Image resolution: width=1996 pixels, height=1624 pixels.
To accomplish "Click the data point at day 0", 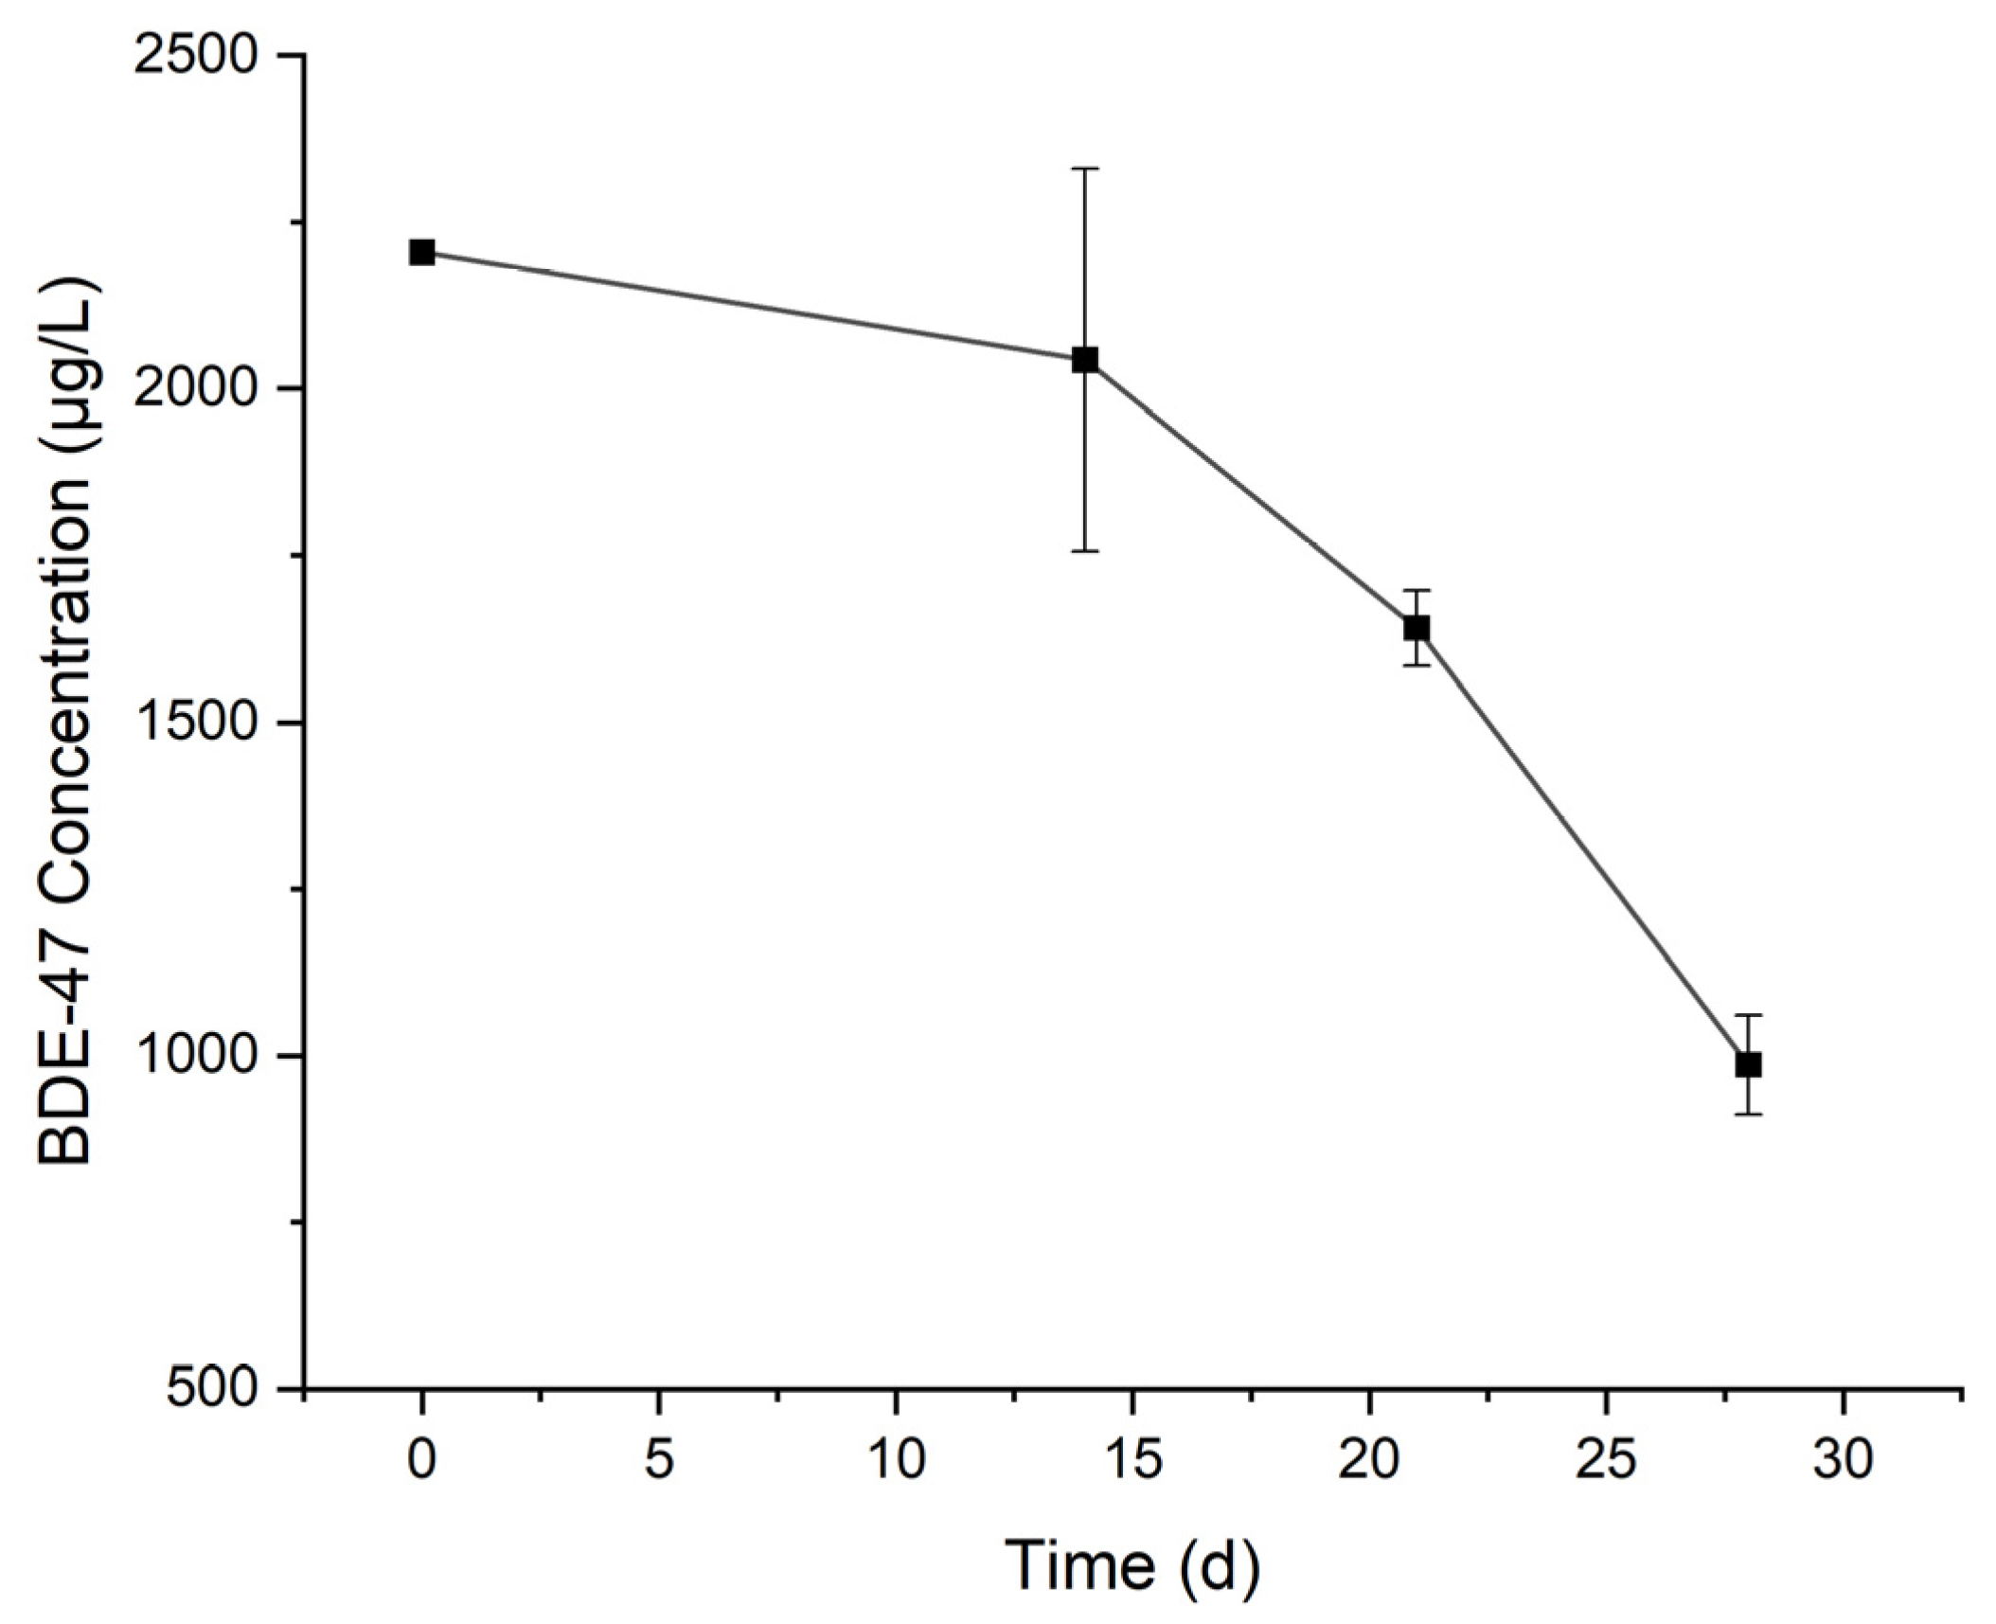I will [421, 252].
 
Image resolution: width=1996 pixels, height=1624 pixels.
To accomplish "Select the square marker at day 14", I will [1085, 359].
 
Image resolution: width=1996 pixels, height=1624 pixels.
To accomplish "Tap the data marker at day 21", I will [1417, 627].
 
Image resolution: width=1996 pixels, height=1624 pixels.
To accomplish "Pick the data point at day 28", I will [1748, 1063].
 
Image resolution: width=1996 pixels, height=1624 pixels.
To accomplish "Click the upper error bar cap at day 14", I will [1085, 169].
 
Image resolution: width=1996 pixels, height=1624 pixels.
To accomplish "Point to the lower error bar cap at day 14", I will [1085, 550].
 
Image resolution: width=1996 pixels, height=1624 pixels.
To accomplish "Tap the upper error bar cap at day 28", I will [1748, 1015].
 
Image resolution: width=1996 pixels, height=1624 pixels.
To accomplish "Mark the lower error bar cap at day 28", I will [1748, 1114].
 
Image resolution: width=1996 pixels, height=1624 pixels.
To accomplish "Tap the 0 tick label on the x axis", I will [421, 1460].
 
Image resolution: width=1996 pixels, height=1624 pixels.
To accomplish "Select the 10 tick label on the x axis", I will [895, 1460].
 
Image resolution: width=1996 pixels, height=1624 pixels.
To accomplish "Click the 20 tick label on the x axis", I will [1369, 1460].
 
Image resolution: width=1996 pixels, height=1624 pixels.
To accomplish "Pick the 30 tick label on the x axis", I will [1843, 1460].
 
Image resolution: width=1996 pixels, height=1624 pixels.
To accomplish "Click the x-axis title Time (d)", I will [1132, 1567].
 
